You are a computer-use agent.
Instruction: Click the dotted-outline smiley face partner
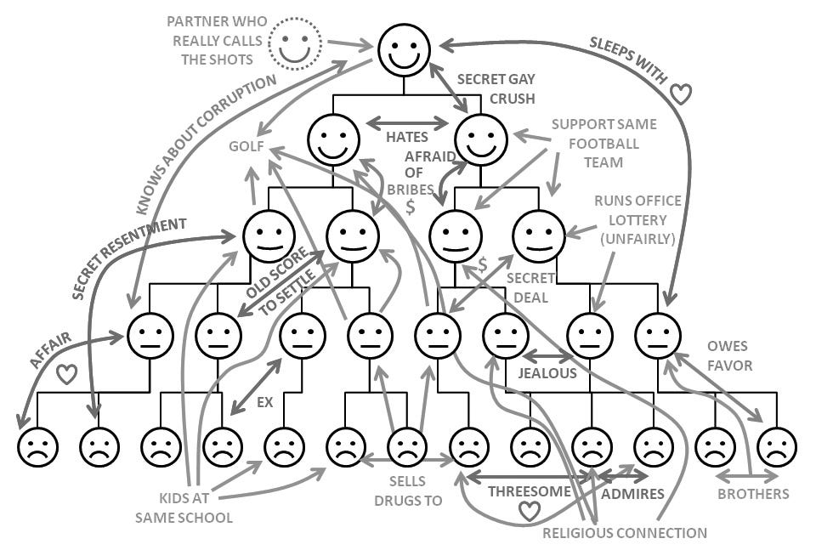(295, 43)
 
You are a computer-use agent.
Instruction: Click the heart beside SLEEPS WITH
(681, 94)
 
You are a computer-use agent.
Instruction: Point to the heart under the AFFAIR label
(67, 373)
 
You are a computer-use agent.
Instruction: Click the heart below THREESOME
(530, 511)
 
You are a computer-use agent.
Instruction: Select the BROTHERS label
(752, 494)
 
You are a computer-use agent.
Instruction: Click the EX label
(264, 402)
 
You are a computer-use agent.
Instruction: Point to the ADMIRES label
(632, 493)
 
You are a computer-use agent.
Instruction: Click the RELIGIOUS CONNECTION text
(625, 533)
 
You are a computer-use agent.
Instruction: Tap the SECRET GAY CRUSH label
(496, 88)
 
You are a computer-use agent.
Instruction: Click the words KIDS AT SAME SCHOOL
(183, 507)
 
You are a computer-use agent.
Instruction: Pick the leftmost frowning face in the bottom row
(38, 447)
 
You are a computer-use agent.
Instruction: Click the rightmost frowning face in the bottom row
(776, 447)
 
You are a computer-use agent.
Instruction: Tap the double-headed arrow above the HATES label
(407, 122)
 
